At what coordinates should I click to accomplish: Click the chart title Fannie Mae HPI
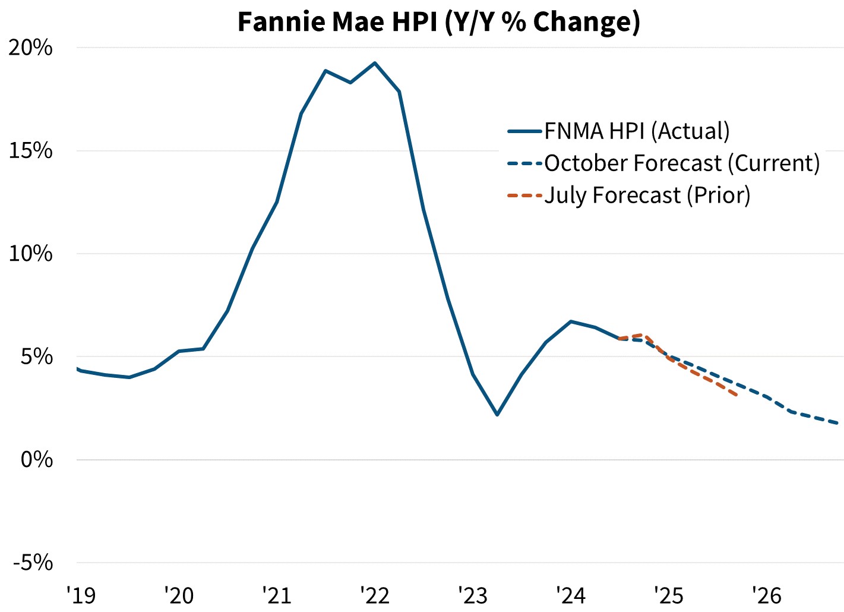pyautogui.click(x=438, y=21)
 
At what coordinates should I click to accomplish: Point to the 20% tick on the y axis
pyautogui.click(x=31, y=48)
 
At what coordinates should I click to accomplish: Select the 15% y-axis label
pyautogui.click(x=31, y=151)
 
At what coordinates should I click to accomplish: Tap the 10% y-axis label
pyautogui.click(x=31, y=254)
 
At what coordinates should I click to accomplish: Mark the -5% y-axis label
pyautogui.click(x=33, y=563)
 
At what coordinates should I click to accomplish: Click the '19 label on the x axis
pyautogui.click(x=81, y=594)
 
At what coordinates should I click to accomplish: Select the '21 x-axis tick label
pyautogui.click(x=277, y=594)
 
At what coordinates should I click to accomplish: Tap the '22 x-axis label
pyautogui.click(x=375, y=594)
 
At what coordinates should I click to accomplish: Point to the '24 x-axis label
pyautogui.click(x=571, y=594)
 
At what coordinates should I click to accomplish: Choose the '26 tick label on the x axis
pyautogui.click(x=767, y=594)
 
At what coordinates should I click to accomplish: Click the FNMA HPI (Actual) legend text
pyautogui.click(x=637, y=131)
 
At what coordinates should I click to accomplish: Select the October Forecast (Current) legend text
pyautogui.click(x=682, y=163)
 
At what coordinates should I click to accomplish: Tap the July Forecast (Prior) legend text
pyautogui.click(x=647, y=195)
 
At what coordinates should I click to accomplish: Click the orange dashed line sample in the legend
pyautogui.click(x=525, y=195)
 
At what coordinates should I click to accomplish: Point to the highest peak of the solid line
pyautogui.click(x=375, y=62)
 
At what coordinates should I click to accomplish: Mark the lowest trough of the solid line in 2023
pyautogui.click(x=497, y=415)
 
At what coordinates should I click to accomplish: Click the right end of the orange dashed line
pyautogui.click(x=737, y=395)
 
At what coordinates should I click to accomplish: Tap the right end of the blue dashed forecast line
pyautogui.click(x=837, y=423)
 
